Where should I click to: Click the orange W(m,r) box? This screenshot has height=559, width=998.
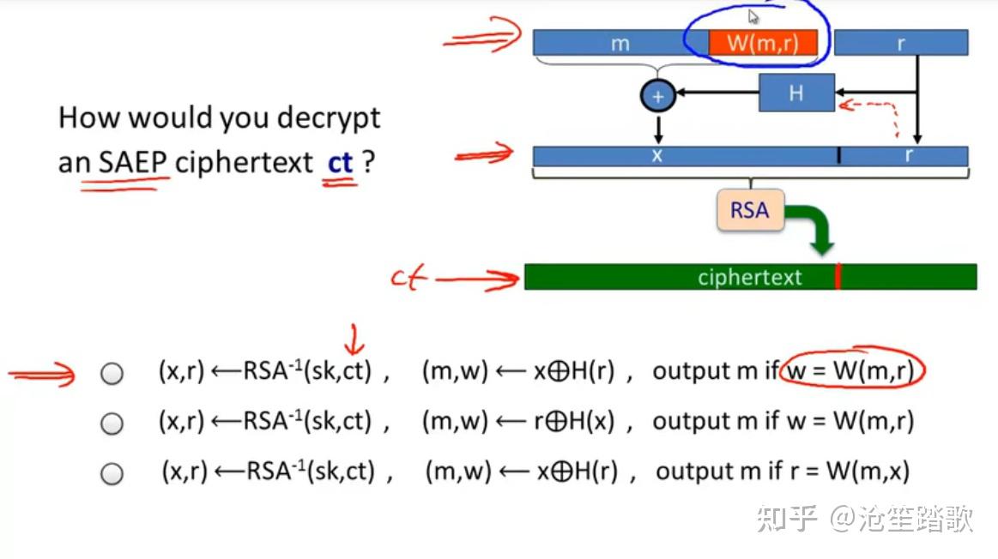pyautogui.click(x=762, y=43)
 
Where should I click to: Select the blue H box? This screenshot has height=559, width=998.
pyautogui.click(x=796, y=93)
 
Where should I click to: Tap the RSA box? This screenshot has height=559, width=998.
pyautogui.click(x=750, y=210)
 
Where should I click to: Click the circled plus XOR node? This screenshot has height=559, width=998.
pyautogui.click(x=658, y=96)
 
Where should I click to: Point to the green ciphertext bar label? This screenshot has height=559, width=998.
pyautogui.click(x=749, y=277)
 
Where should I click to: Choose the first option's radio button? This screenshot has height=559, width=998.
pyautogui.click(x=112, y=374)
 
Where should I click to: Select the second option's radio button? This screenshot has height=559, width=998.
pyautogui.click(x=112, y=424)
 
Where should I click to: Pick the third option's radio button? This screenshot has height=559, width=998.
pyautogui.click(x=112, y=473)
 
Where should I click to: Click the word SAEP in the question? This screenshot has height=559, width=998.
pyautogui.click(x=134, y=162)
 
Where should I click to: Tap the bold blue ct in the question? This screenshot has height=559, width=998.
pyautogui.click(x=341, y=162)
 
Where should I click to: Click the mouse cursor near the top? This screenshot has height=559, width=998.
pyautogui.click(x=753, y=16)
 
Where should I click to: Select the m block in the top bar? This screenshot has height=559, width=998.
pyautogui.click(x=620, y=43)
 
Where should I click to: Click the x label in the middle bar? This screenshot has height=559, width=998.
pyautogui.click(x=657, y=155)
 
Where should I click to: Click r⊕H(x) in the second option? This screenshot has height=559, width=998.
pyautogui.click(x=572, y=421)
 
